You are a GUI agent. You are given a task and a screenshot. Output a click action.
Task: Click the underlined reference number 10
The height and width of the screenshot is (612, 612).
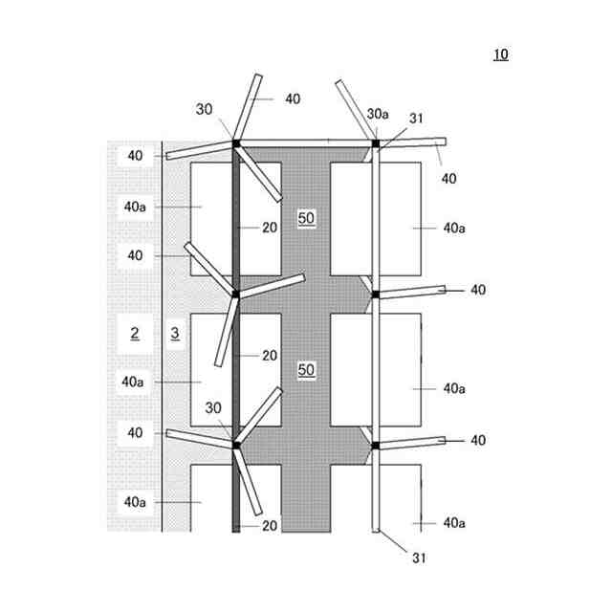[x=501, y=55]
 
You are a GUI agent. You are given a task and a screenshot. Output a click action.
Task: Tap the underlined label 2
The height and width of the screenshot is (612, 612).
[x=135, y=333]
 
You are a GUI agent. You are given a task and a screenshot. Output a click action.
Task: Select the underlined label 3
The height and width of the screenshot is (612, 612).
[x=174, y=333]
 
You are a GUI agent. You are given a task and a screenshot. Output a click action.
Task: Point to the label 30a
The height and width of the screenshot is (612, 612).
[x=378, y=113]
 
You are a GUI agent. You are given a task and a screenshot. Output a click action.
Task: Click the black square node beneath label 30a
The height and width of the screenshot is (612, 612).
[x=376, y=144]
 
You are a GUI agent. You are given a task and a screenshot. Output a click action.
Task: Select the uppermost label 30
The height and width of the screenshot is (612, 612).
[x=205, y=109]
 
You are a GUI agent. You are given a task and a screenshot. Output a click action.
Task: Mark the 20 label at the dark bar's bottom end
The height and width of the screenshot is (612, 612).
[x=270, y=526]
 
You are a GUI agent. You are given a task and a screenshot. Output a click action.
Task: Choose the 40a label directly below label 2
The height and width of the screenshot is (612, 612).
[x=134, y=381]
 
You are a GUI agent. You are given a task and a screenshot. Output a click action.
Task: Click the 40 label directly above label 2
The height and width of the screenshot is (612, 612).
[x=134, y=255]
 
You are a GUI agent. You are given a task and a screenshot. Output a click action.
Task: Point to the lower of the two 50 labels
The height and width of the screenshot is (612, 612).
[x=306, y=369]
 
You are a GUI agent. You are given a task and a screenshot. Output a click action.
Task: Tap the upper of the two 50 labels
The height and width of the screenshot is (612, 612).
[x=306, y=218]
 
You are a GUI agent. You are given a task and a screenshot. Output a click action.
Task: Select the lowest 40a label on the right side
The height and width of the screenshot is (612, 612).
[x=453, y=523]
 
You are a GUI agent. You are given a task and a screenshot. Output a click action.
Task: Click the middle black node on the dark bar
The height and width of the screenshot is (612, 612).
[x=235, y=294]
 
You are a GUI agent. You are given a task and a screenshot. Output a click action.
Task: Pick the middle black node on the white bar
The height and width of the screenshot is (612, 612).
[x=375, y=294]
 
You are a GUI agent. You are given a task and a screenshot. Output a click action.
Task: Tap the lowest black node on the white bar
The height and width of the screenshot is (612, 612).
[x=375, y=446]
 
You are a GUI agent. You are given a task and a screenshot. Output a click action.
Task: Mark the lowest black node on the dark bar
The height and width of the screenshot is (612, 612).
[x=235, y=444]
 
